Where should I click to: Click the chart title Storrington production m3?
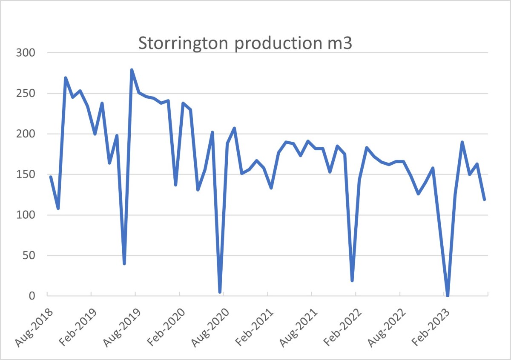click(x=245, y=44)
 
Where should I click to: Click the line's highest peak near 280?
click(x=132, y=70)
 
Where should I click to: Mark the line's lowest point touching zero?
click(x=448, y=295)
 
